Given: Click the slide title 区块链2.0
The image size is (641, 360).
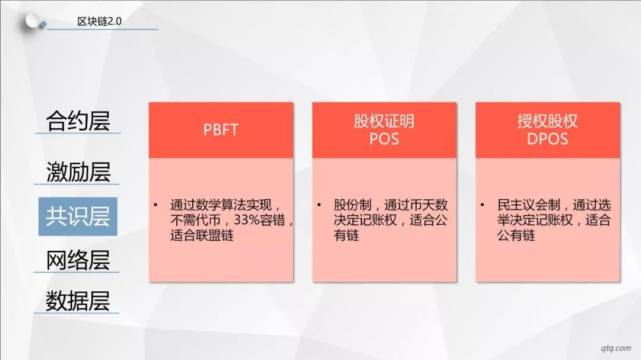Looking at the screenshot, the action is click(99, 21).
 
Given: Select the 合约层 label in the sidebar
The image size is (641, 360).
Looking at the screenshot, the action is click(78, 120).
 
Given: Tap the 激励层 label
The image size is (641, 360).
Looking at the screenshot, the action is click(78, 171).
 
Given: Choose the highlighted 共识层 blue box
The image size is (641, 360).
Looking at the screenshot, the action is click(78, 216).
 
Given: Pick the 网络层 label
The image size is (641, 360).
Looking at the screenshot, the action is click(78, 260).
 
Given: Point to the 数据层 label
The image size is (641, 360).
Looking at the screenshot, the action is click(78, 301).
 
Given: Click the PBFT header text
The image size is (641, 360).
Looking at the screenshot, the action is click(221, 130).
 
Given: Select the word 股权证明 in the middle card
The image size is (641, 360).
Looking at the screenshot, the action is click(384, 121).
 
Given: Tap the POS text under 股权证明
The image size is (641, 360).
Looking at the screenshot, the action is click(384, 139).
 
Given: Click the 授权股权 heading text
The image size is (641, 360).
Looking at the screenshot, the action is click(547, 121).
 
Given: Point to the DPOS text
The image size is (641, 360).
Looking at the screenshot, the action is click(547, 139).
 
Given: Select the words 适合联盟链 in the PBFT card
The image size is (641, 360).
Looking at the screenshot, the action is click(202, 235).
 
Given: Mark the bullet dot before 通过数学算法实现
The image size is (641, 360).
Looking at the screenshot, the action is click(156, 204).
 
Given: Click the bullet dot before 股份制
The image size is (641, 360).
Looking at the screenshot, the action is click(319, 204).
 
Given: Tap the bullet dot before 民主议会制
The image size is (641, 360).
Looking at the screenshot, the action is click(483, 204).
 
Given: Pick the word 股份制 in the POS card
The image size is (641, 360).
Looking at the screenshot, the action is click(353, 205).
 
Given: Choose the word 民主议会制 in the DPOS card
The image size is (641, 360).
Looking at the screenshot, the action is click(529, 205).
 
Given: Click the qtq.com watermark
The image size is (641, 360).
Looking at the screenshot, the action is click(615, 348).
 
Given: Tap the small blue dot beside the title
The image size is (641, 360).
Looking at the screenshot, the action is click(43, 25).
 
